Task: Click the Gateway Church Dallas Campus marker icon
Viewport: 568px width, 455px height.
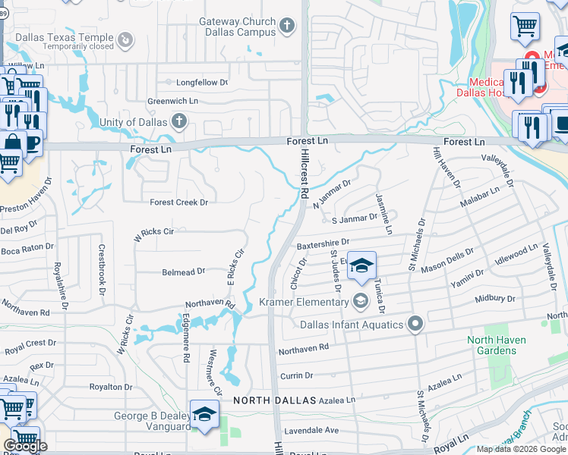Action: [x=286, y=27]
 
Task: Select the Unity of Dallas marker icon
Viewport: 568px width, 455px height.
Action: [x=179, y=121]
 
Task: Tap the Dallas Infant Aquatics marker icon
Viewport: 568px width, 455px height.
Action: [x=415, y=325]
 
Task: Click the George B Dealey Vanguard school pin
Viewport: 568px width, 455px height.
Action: [x=204, y=416]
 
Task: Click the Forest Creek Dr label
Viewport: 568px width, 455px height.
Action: [x=178, y=202]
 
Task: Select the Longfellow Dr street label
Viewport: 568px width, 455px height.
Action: [x=202, y=82]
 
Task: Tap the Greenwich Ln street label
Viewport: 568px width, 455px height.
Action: [x=172, y=100]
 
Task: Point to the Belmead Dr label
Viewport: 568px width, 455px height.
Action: [x=183, y=271]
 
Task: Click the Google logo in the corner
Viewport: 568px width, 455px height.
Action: [x=25, y=445]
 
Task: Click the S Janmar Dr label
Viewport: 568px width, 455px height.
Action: [x=355, y=218]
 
